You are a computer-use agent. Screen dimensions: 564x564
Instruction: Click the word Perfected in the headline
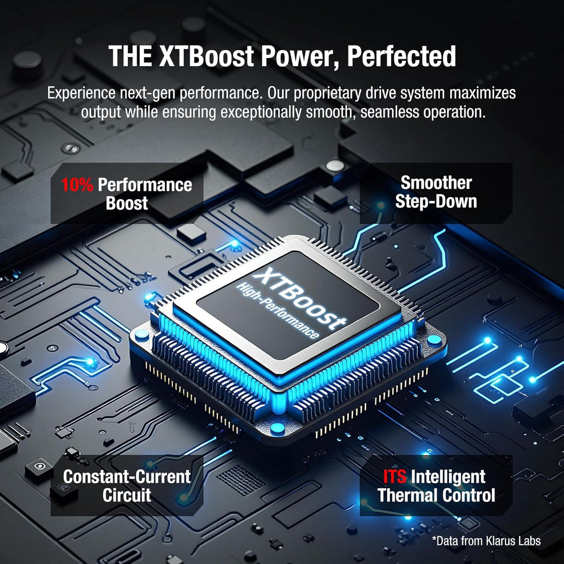pos(401,57)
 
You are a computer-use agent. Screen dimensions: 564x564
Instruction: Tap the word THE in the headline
pos(130,56)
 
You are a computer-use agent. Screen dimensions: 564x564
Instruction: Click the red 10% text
pos(77,185)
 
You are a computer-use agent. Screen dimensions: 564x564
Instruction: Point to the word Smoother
pos(436,183)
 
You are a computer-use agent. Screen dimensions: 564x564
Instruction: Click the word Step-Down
pos(436,202)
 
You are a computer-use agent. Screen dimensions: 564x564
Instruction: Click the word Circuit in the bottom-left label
pos(127,495)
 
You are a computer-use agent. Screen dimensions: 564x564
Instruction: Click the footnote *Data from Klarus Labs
pos(486,540)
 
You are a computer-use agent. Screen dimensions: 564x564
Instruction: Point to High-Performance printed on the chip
pos(277,311)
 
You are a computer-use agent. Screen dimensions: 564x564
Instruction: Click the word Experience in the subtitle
pos(81,94)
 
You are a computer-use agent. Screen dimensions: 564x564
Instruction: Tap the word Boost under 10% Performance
pos(127,204)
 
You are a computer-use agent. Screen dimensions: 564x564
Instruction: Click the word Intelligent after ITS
pos(448,477)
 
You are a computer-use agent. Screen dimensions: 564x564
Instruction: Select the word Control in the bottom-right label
pos(469,495)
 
